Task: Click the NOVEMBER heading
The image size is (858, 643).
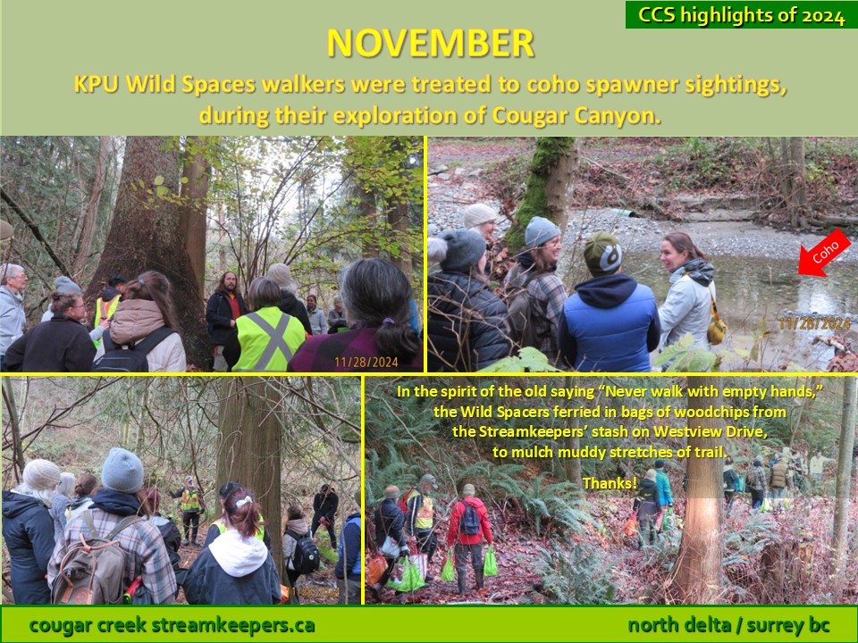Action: pyautogui.click(x=430, y=43)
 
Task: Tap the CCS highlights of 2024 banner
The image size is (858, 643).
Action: pyautogui.click(x=742, y=15)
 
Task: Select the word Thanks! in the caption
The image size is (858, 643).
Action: pyautogui.click(x=610, y=483)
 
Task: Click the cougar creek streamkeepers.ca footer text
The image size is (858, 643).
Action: pyautogui.click(x=172, y=624)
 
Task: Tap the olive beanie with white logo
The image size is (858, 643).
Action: pyautogui.click(x=601, y=253)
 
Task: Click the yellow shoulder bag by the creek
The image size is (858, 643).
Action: pyautogui.click(x=716, y=328)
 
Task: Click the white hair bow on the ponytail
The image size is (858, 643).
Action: pyautogui.click(x=243, y=501)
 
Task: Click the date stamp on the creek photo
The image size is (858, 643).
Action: pyautogui.click(x=813, y=323)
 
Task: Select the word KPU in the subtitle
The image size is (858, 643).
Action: pyautogui.click(x=97, y=84)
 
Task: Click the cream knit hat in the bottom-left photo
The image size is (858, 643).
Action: pyautogui.click(x=41, y=474)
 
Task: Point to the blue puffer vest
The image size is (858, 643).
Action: pyautogui.click(x=609, y=325)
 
